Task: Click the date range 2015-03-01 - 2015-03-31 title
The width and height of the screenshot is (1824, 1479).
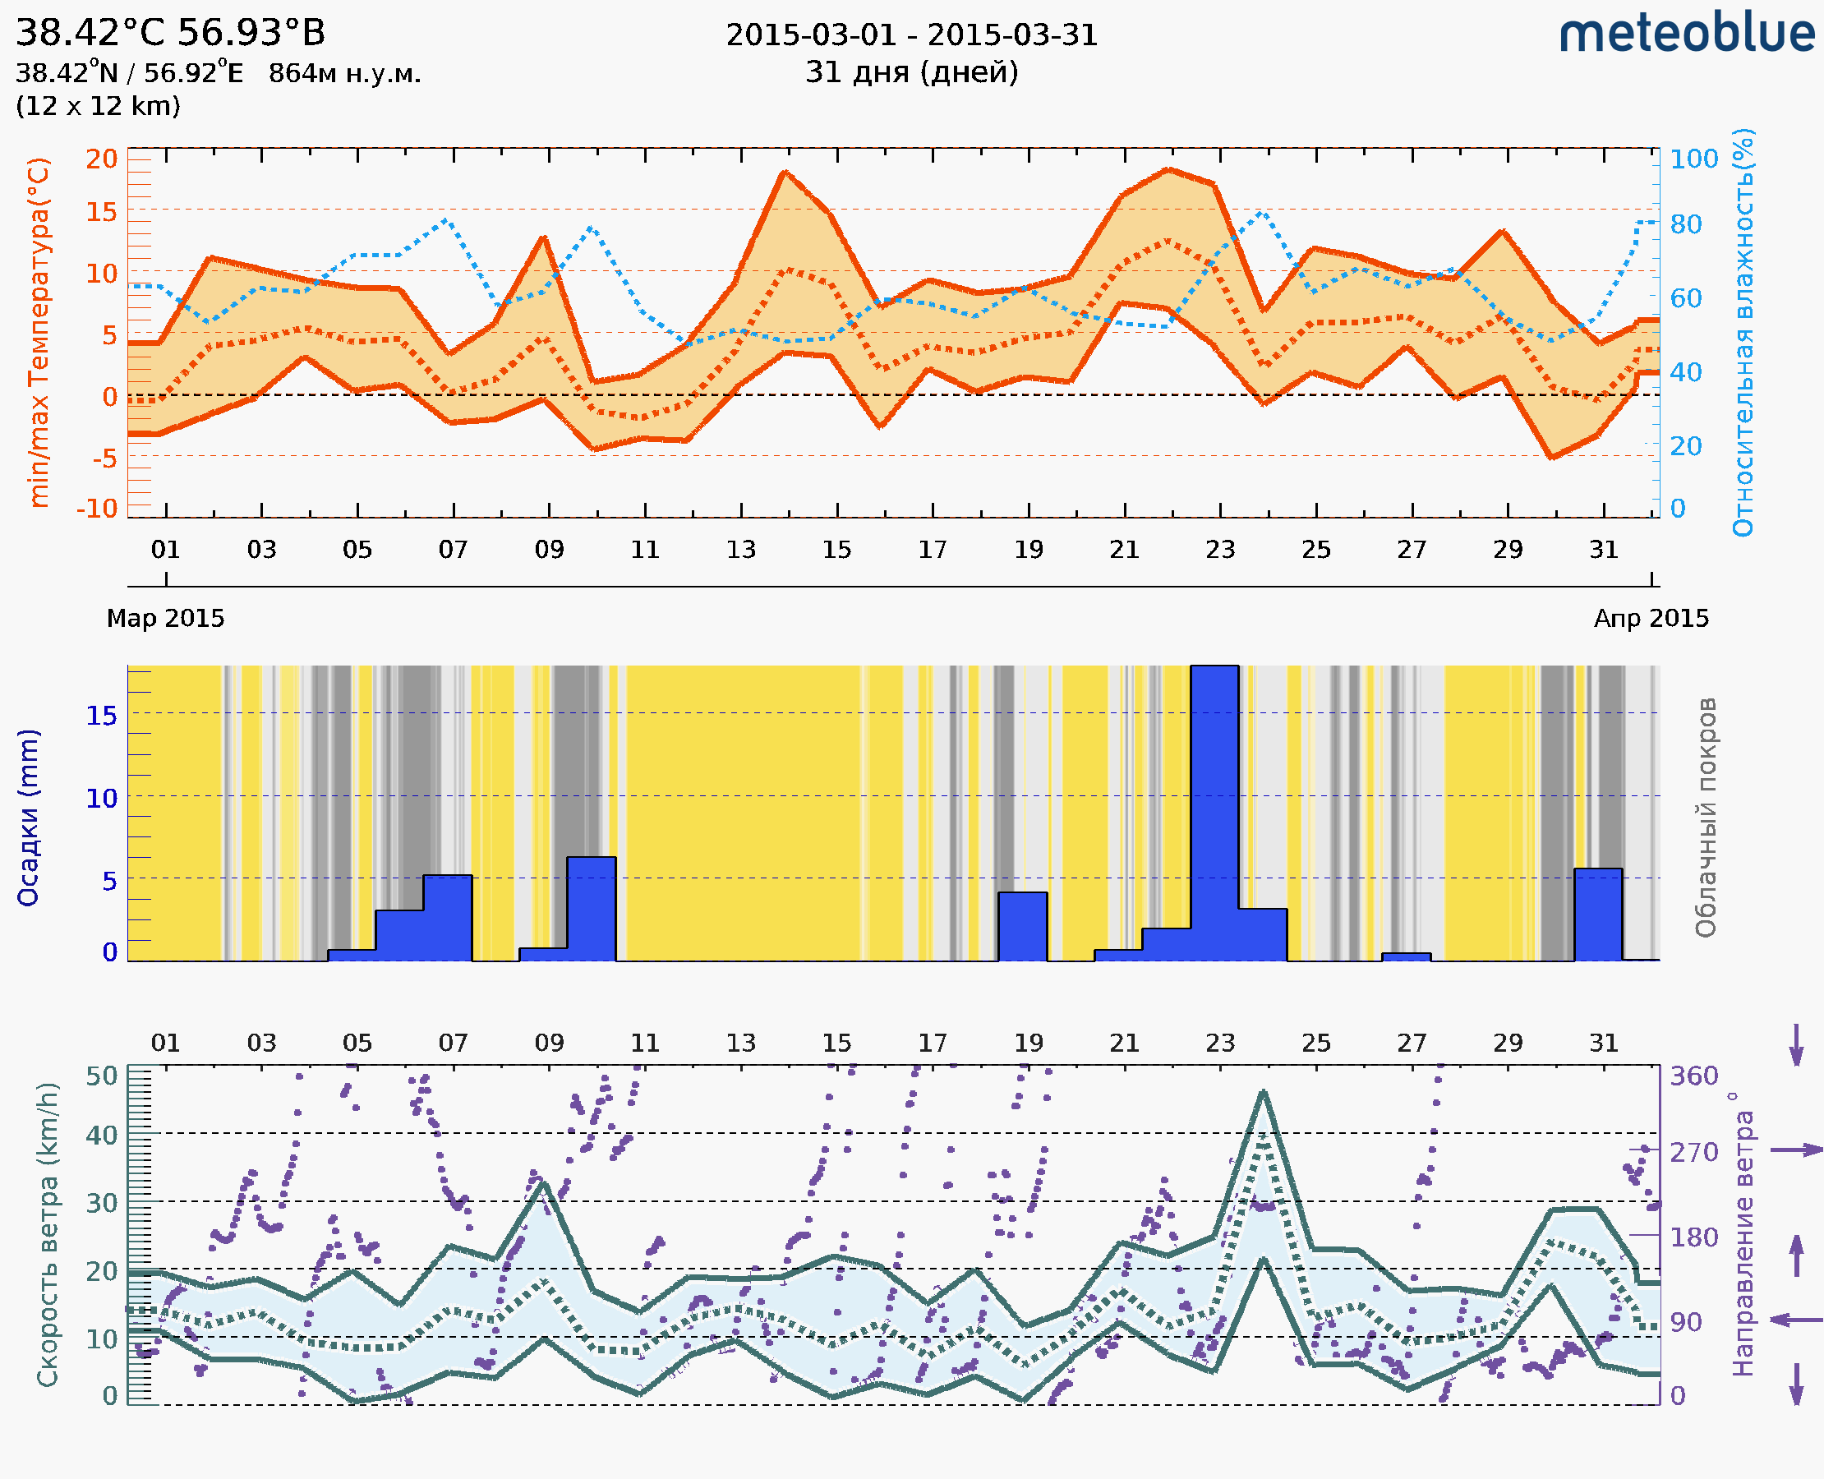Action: click(911, 35)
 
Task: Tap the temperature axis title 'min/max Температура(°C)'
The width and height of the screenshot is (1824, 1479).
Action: click(39, 332)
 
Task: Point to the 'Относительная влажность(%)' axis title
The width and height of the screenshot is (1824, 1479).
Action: click(1743, 332)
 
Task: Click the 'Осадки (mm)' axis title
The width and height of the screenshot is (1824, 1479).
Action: click(28, 818)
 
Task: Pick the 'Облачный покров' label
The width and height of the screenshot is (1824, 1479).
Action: click(1706, 818)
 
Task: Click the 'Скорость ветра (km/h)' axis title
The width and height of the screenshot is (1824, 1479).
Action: click(48, 1234)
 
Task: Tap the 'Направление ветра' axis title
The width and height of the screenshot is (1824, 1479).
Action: click(1743, 1234)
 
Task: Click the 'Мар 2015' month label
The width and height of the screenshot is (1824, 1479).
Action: click(165, 619)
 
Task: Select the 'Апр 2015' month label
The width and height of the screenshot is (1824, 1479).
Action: click(1651, 619)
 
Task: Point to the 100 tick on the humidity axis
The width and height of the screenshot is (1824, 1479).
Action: click(1693, 159)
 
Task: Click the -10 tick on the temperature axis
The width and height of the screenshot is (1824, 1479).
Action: click(97, 509)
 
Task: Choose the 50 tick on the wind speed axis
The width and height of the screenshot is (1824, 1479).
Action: click(102, 1076)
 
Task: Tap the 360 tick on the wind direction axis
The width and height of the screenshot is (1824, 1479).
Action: click(1693, 1076)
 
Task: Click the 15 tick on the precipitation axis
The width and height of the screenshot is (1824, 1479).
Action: click(101, 716)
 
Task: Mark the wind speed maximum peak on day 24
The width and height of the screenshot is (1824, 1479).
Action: click(1263, 1092)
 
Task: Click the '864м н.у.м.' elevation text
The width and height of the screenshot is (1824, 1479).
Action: click(345, 74)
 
